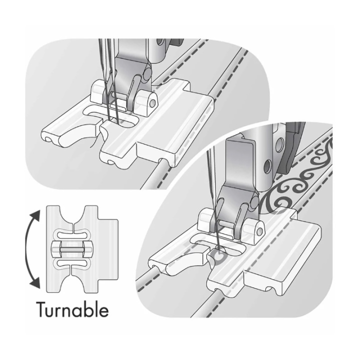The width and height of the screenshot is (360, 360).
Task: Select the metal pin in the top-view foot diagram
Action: [72, 249]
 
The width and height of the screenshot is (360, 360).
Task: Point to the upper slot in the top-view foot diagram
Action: [72, 235]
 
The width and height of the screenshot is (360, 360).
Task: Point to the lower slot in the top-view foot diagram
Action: [72, 263]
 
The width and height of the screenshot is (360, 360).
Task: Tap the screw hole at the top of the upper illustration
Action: [160, 42]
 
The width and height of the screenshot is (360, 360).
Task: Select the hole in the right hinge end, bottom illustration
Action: [260, 231]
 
